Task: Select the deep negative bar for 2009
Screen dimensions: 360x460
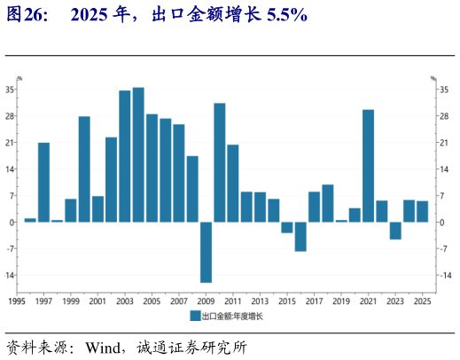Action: pos(206,252)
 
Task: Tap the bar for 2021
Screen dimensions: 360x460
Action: pos(368,165)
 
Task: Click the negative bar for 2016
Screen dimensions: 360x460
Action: pos(300,236)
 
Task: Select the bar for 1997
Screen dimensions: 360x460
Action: pos(43,182)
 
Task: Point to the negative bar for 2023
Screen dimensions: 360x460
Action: pos(395,230)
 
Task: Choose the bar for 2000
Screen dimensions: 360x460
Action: pos(84,168)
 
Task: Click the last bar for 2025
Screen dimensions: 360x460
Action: pos(423,211)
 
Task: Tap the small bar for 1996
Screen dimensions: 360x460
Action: pos(30,219)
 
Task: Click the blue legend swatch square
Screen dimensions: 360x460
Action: pos(196,315)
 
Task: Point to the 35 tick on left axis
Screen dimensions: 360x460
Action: pos(10,90)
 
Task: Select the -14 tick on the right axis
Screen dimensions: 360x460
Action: pos(446,275)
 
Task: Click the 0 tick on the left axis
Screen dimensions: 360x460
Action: pos(12,222)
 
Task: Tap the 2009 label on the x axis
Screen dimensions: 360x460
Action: pos(205,301)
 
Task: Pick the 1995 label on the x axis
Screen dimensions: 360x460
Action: pos(16,301)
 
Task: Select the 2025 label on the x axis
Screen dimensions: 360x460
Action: pos(423,301)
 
